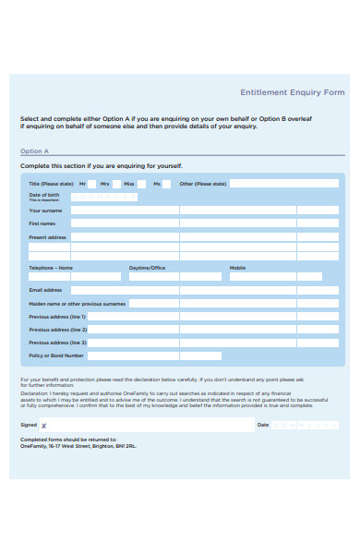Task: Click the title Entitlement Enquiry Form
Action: (292, 92)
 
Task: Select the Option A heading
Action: (35, 151)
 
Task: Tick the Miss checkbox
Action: (142, 184)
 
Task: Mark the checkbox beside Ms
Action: (167, 184)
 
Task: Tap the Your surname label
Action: (45, 211)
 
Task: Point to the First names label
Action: (43, 223)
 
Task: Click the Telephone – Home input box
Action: (75, 276)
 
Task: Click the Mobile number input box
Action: (276, 276)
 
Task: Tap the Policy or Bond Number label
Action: (56, 355)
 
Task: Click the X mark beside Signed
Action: (43, 426)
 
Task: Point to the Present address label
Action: (48, 237)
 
